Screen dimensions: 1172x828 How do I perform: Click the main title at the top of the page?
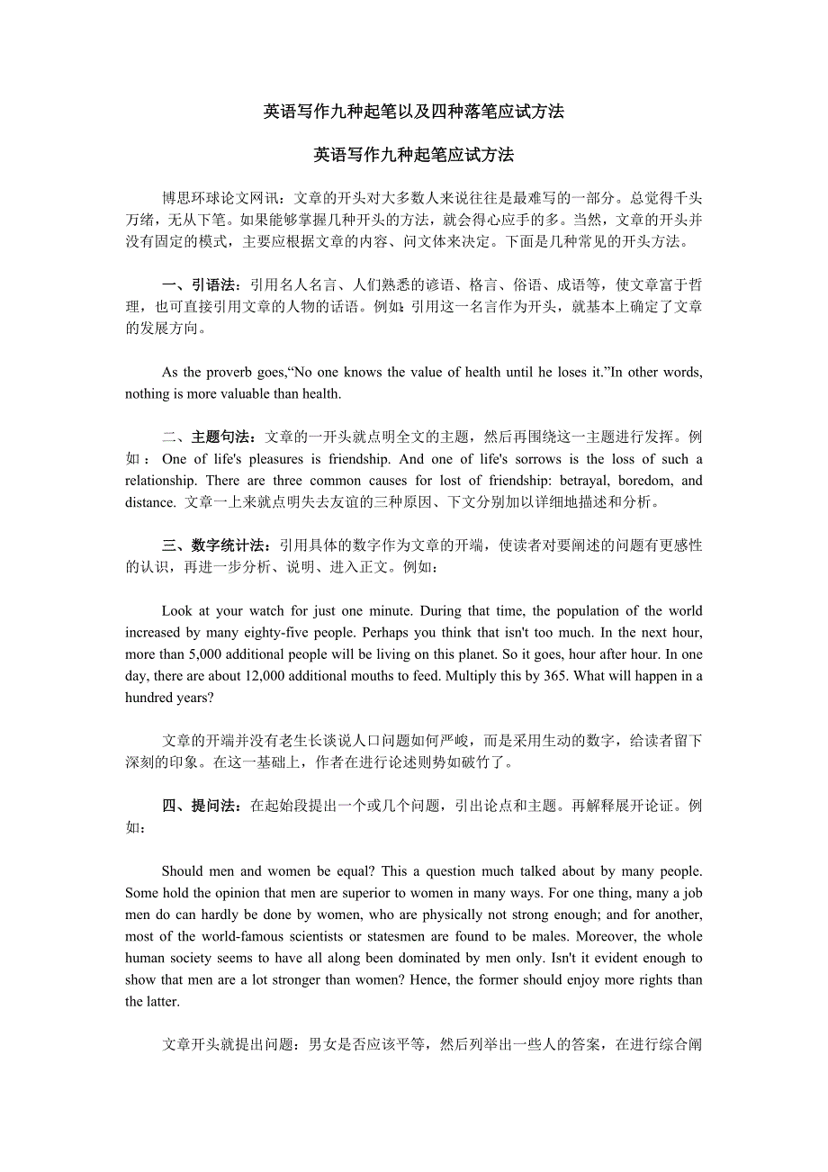pos(413,112)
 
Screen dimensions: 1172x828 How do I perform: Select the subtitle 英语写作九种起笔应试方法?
pos(413,155)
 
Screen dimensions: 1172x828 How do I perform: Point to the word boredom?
pos(648,481)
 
